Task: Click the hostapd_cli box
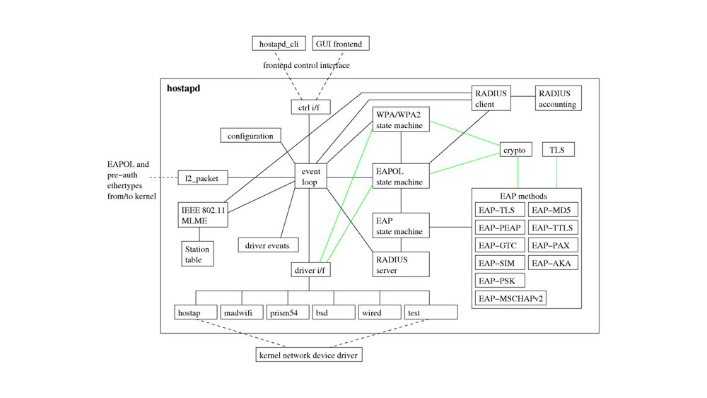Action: (279, 44)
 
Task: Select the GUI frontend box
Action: (339, 44)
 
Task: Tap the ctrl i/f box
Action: (310, 107)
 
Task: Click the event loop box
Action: (310, 177)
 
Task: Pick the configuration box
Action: (250, 136)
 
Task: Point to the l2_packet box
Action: (201, 178)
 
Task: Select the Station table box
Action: (197, 254)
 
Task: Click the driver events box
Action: (268, 245)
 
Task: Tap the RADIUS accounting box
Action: (558, 99)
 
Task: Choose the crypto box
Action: (515, 150)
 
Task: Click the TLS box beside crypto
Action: (558, 150)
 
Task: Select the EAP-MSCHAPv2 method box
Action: (510, 298)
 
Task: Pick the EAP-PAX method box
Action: (554, 245)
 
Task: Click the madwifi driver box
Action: (243, 312)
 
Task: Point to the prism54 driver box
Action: (288, 312)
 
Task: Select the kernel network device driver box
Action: (309, 355)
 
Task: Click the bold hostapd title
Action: (183, 88)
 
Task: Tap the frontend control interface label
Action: (306, 66)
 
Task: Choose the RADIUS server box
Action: (401, 264)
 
